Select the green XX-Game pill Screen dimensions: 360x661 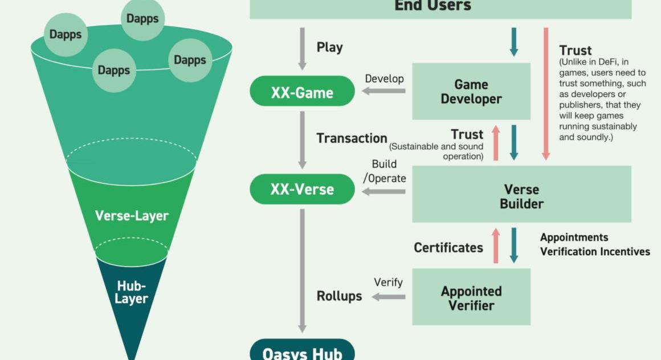coord(302,91)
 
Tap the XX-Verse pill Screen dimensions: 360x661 coord(302,189)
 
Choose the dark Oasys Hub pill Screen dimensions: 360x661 coord(302,352)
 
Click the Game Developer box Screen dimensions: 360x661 coord(471,92)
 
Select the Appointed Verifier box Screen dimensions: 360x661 coord(471,297)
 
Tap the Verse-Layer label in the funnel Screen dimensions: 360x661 coord(132,216)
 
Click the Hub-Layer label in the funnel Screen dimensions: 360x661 coord(132,292)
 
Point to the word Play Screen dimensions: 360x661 coord(329,47)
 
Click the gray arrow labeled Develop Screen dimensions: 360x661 coord(384,91)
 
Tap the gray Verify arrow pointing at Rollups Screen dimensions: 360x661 coord(389,297)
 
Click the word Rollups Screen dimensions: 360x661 coord(339,296)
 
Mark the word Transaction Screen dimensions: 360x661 coord(352,138)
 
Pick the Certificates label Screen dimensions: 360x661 coord(448,248)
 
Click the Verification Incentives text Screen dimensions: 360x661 coord(595,251)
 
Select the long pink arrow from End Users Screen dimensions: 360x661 coord(546,93)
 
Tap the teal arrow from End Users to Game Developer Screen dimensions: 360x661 coord(513,42)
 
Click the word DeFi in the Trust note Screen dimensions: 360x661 coord(603,62)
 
